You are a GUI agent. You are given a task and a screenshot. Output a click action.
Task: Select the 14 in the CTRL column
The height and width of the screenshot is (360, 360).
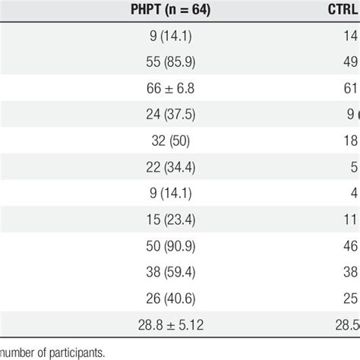point(351,36)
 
